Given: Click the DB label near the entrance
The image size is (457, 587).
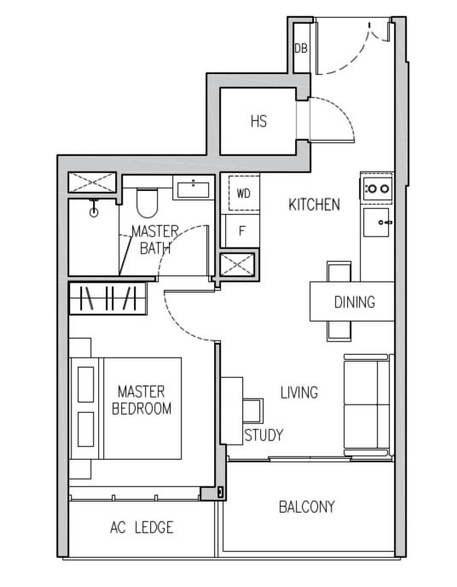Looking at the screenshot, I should (300, 49).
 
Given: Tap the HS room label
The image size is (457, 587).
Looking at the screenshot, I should (258, 121).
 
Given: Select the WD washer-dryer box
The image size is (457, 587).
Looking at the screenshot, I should (244, 194).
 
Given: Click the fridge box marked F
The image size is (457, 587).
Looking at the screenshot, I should (242, 230).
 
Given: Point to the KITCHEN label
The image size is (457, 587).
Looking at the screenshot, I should (314, 205).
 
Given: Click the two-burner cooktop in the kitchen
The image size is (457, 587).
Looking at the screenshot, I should (376, 188).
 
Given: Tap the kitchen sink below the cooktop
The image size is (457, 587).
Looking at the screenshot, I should (376, 223).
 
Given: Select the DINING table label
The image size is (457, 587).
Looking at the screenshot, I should (354, 302).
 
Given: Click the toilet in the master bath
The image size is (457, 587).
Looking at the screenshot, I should (148, 202).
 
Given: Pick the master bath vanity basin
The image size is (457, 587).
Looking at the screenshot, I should (194, 187).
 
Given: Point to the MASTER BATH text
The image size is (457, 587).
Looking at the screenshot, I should (154, 240).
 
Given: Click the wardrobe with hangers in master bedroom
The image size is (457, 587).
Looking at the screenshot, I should (107, 299).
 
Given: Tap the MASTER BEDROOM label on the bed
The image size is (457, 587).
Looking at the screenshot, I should (142, 400).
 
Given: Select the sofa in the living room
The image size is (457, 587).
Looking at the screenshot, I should (367, 405).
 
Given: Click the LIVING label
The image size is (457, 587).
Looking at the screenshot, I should (299, 392).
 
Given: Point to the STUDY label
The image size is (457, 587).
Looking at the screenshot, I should (263, 435).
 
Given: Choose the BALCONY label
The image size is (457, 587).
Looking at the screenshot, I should (307, 507).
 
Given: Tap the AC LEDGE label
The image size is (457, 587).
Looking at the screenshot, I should (142, 528).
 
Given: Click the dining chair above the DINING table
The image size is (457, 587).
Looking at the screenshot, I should (338, 271).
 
